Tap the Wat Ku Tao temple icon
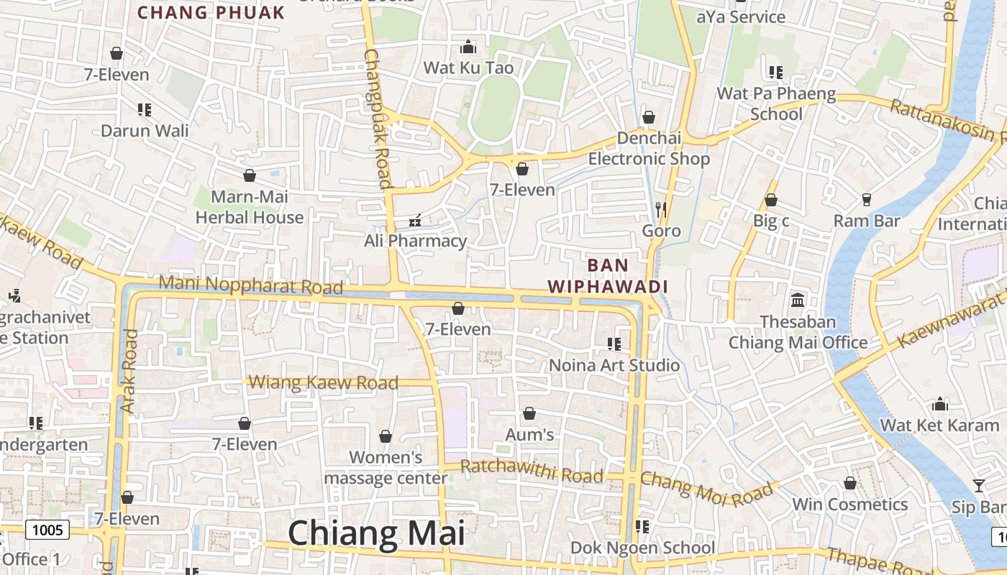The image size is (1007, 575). tap(469, 47)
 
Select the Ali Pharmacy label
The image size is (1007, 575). tap(415, 241)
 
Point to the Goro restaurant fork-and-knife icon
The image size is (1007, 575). tap(661, 210)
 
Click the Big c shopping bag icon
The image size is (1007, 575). tap(771, 200)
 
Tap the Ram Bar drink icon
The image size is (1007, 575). tap(866, 200)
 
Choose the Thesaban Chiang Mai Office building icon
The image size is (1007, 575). tap(798, 300)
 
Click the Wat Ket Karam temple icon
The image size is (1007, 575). tap(939, 404)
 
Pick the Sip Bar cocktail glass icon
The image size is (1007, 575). tap(978, 486)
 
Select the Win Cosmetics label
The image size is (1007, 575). tap(850, 505)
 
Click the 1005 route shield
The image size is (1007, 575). tap(48, 530)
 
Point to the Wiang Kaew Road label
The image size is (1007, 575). tap(324, 382)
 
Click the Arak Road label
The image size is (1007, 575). tap(129, 371)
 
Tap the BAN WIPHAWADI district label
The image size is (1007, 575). tap(608, 276)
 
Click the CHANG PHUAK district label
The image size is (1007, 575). tap(211, 12)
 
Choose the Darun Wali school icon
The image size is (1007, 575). tap(145, 110)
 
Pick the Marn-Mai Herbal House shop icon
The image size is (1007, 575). tap(250, 175)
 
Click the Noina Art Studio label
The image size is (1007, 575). tap(614, 365)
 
